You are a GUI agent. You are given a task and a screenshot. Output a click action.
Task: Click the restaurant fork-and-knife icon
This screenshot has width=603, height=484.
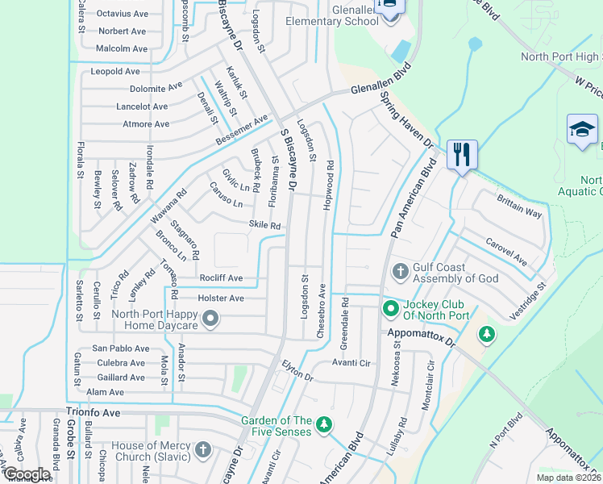(462, 152)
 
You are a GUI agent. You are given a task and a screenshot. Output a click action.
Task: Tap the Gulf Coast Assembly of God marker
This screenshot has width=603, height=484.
(398, 271)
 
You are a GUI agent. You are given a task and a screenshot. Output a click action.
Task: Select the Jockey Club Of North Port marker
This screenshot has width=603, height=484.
(390, 308)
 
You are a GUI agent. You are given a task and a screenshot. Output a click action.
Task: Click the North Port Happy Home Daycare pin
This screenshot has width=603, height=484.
(210, 319)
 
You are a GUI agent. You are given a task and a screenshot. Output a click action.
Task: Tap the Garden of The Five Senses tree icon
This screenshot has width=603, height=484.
(323, 424)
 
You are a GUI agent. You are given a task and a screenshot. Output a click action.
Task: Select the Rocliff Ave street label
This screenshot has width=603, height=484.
(221, 278)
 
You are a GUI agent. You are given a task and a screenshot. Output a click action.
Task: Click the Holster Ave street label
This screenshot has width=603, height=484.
(221, 298)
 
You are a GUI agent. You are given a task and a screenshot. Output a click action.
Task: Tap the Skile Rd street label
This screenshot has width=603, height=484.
(264, 226)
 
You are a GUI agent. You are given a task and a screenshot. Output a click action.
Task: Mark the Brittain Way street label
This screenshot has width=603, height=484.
(519, 207)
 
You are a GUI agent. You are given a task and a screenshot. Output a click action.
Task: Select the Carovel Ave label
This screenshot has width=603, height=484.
(506, 252)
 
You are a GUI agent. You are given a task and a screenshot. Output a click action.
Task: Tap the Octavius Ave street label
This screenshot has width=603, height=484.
(123, 14)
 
